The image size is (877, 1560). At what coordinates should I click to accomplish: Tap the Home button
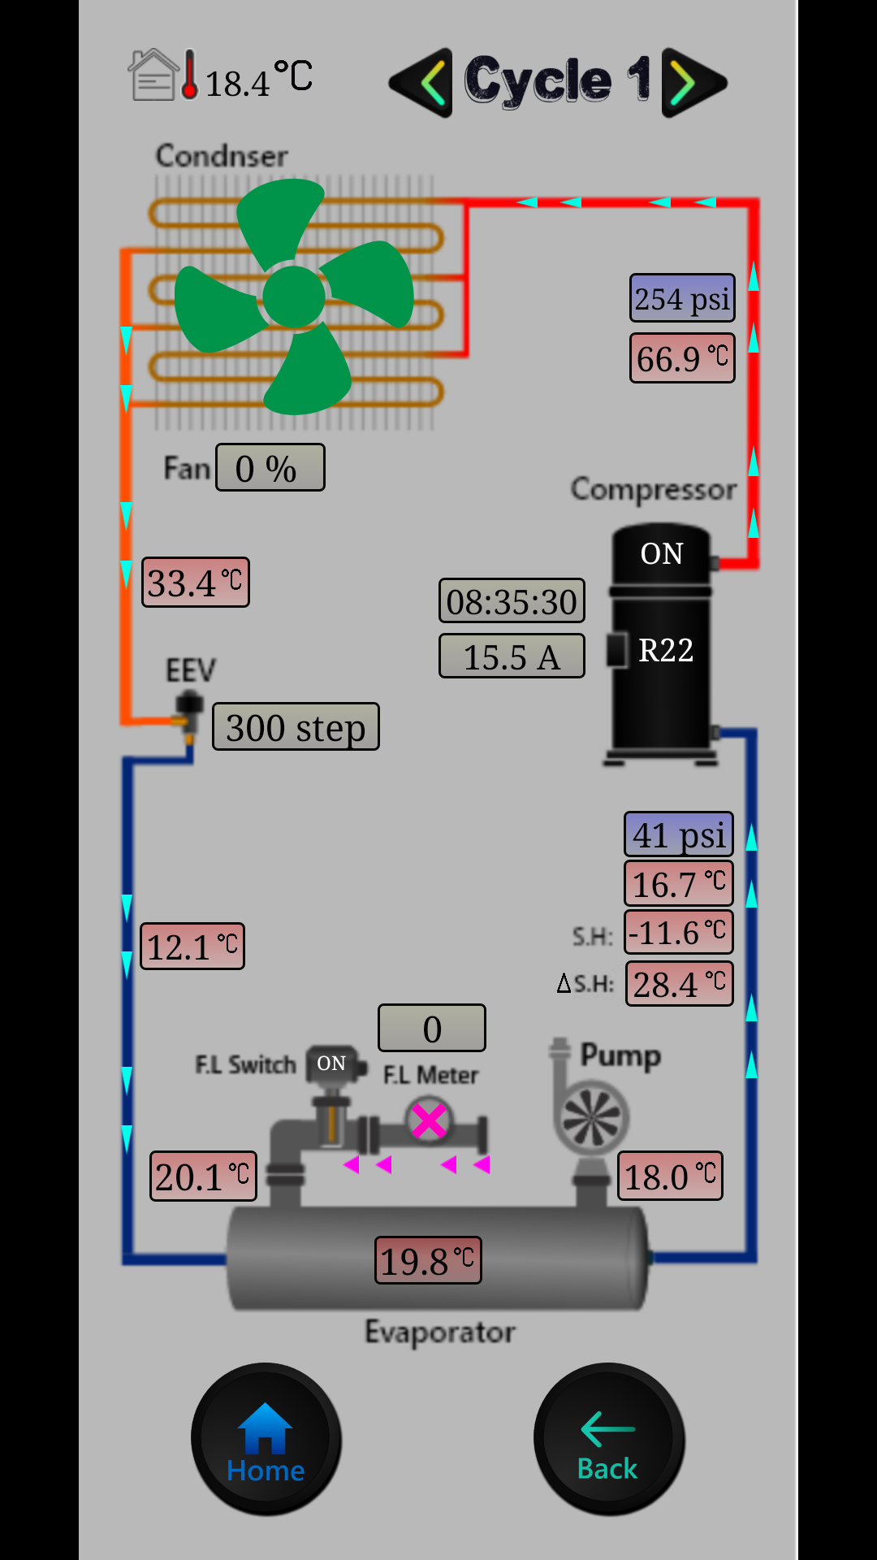click(266, 1439)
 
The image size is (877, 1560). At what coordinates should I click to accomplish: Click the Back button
click(608, 1439)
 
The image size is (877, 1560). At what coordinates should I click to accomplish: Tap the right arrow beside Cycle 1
click(693, 82)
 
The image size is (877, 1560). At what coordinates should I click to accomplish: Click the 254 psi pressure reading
click(682, 298)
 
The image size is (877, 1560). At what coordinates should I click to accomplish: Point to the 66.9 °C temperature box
click(682, 358)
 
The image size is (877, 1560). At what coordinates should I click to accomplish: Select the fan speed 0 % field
click(270, 468)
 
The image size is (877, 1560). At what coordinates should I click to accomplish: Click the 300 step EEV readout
click(296, 727)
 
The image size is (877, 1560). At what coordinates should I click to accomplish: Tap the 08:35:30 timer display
click(512, 601)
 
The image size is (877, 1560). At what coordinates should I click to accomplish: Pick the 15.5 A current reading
click(512, 656)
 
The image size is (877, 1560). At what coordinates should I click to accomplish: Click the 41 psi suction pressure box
click(678, 834)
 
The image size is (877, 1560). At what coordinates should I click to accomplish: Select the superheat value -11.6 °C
click(678, 932)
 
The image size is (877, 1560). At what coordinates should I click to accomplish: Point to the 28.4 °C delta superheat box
click(679, 984)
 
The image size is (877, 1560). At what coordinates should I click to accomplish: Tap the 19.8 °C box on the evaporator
click(428, 1261)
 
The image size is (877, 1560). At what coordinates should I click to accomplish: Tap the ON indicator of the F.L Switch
click(331, 1064)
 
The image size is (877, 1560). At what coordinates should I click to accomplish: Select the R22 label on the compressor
click(666, 650)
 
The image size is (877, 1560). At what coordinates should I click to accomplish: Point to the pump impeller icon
click(593, 1117)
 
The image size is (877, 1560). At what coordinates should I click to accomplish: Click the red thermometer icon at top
click(189, 76)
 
